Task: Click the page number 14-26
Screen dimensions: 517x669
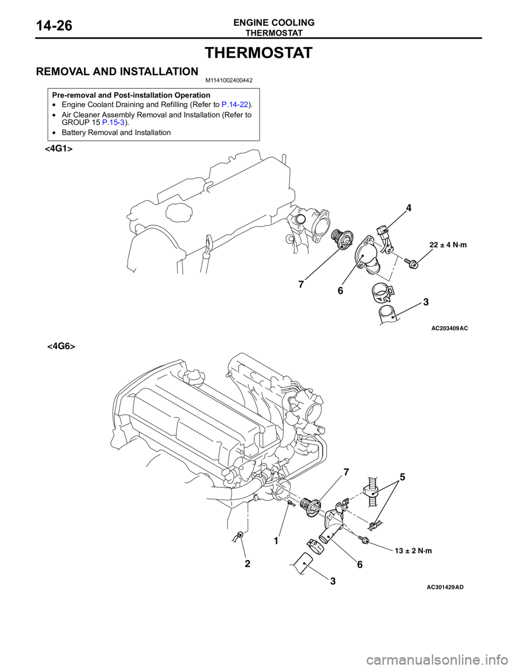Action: (54, 26)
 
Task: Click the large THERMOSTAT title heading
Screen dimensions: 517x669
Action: (259, 53)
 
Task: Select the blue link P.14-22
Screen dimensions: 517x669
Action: (235, 104)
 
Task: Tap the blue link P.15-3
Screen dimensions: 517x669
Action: (113, 122)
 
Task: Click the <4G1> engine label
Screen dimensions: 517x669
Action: (59, 148)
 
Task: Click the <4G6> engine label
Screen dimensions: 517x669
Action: (61, 346)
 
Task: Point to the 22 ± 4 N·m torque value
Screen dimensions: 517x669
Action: (448, 245)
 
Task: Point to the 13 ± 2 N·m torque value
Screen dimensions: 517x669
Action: (413, 551)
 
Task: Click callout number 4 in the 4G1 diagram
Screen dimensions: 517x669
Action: (408, 208)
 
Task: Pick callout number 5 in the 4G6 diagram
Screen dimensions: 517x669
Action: (402, 477)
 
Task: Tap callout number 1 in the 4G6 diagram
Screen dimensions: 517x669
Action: (276, 540)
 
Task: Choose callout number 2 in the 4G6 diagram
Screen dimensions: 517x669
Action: (248, 564)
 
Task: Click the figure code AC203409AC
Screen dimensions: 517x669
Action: (450, 329)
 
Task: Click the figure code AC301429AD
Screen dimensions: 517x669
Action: (445, 588)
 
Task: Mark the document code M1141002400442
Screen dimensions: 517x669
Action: (229, 81)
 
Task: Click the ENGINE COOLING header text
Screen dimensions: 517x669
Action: (274, 22)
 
